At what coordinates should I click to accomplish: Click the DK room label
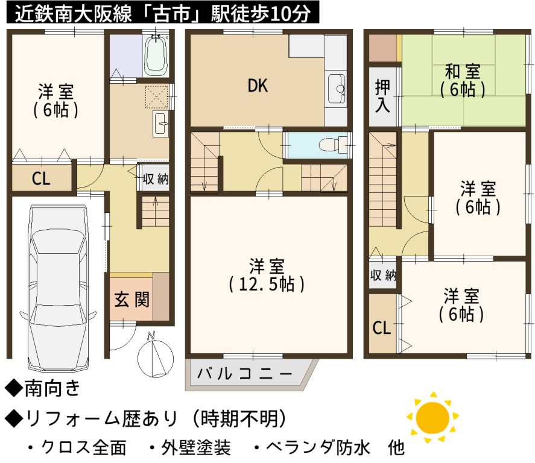[x=258, y=86]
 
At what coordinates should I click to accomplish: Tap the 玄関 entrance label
[x=131, y=300]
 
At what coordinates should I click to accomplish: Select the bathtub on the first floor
[x=156, y=55]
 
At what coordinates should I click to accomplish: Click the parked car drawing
[x=58, y=288]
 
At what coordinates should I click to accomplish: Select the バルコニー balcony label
[x=245, y=374]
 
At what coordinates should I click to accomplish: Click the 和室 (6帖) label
[x=463, y=81]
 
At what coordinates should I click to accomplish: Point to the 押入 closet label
[x=382, y=96]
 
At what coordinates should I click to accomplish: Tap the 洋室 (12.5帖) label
[x=267, y=276]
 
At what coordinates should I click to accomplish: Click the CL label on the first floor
[x=41, y=178]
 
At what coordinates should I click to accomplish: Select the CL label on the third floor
[x=381, y=327]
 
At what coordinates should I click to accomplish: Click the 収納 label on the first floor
[x=156, y=178]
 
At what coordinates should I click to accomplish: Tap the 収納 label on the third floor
[x=383, y=275]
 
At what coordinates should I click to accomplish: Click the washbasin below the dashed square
[x=160, y=124]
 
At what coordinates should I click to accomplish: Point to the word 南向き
[x=52, y=388]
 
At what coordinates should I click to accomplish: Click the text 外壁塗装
[x=196, y=447]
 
